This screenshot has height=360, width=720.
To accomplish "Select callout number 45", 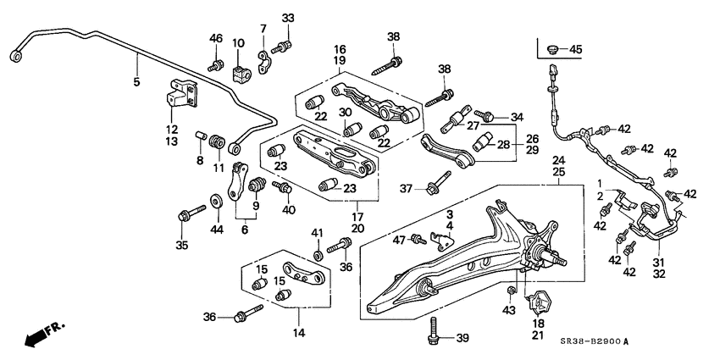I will [576, 50].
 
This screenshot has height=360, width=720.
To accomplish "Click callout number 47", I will [398, 241].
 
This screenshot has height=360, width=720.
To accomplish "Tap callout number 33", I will [288, 18].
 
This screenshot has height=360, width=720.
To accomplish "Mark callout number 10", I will [238, 43].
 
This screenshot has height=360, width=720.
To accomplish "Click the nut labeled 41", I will [318, 253].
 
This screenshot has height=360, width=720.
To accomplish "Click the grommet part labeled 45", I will [553, 48].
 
